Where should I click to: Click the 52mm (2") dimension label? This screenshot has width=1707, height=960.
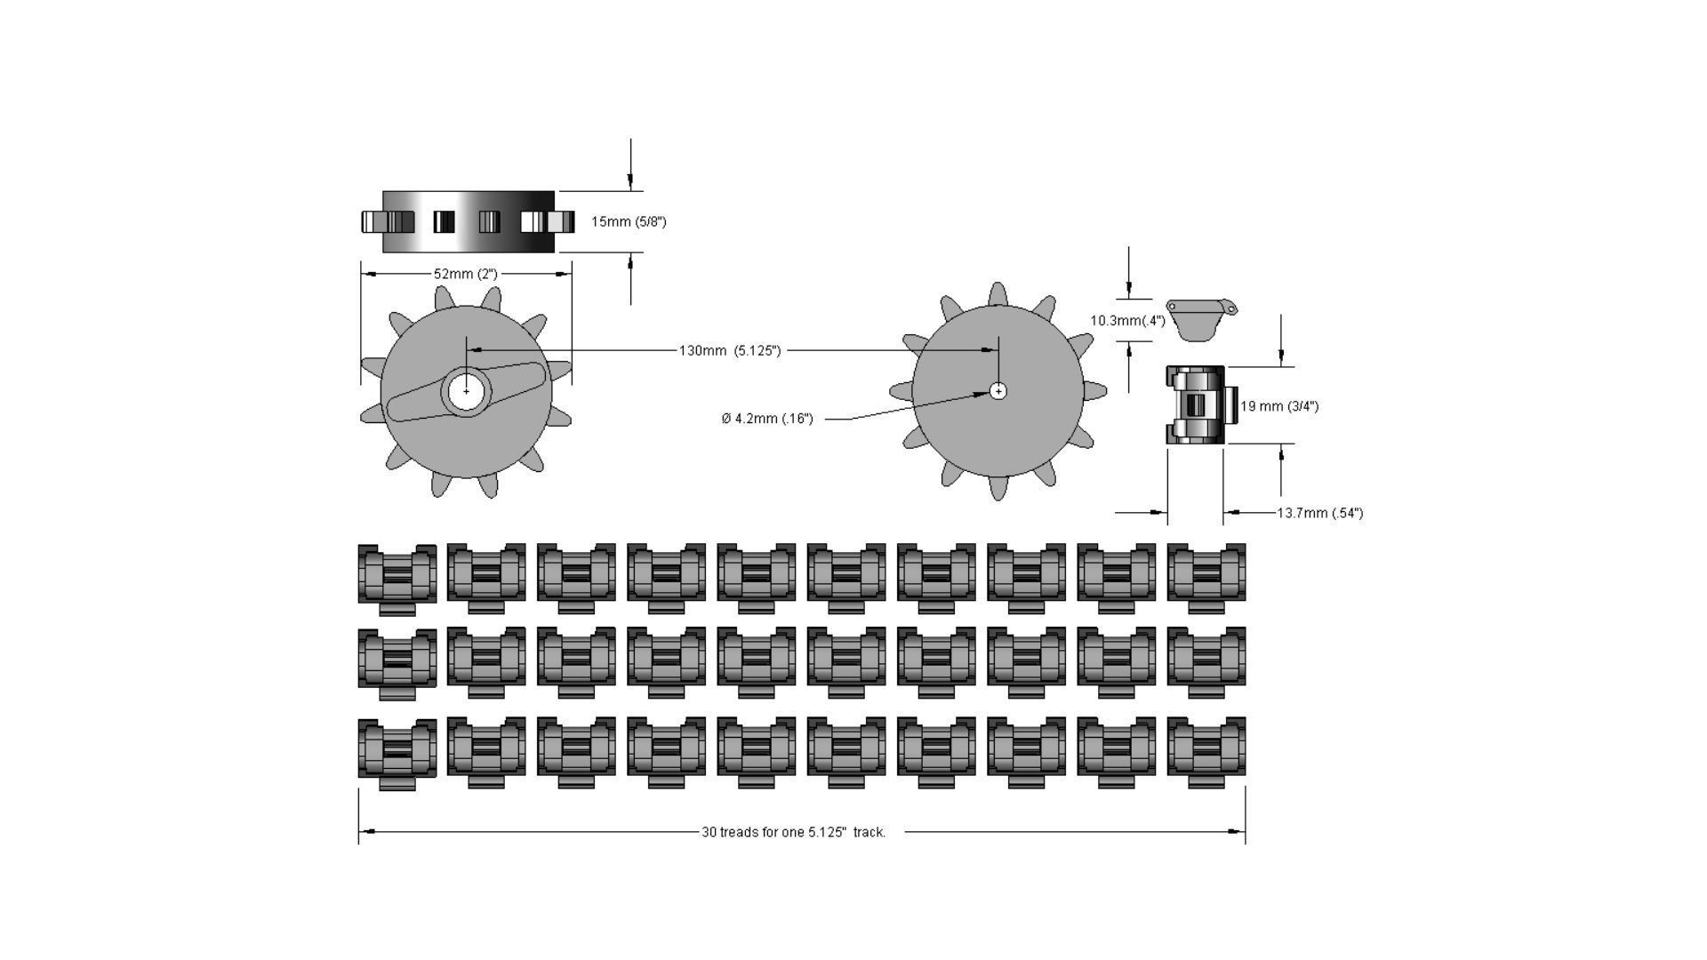tap(465, 275)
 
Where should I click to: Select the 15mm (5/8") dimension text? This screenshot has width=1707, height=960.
tap(629, 221)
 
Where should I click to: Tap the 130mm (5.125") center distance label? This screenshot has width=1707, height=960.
tap(730, 351)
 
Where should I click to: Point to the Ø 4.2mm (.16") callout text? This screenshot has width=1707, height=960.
tap(767, 419)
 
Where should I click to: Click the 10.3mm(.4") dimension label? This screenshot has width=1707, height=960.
tap(1127, 321)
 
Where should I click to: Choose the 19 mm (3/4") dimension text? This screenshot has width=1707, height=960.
tap(1279, 406)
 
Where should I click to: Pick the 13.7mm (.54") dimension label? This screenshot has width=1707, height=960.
tap(1319, 513)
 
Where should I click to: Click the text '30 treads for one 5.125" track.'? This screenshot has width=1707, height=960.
tap(794, 833)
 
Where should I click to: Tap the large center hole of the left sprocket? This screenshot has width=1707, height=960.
tap(466, 391)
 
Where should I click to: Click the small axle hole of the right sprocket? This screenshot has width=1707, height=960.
tap(998, 391)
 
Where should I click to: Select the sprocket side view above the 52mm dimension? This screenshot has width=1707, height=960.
tap(468, 221)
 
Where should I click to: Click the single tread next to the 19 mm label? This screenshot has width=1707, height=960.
tap(1197, 405)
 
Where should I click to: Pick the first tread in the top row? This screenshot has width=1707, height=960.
tap(397, 577)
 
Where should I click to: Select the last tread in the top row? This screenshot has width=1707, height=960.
tap(1206, 577)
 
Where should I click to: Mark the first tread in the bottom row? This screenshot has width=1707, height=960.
tap(397, 751)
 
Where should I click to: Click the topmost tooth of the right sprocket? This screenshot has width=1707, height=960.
tap(998, 294)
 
